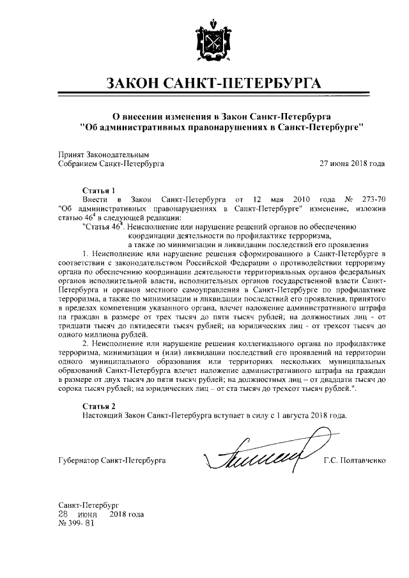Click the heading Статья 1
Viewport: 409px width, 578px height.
point(98,190)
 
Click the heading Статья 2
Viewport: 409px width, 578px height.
point(98,406)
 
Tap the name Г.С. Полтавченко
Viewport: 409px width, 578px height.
point(354,460)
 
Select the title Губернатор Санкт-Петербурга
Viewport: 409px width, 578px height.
point(111,460)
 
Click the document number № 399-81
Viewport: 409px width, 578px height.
point(76,523)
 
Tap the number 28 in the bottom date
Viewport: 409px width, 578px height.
point(63,514)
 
